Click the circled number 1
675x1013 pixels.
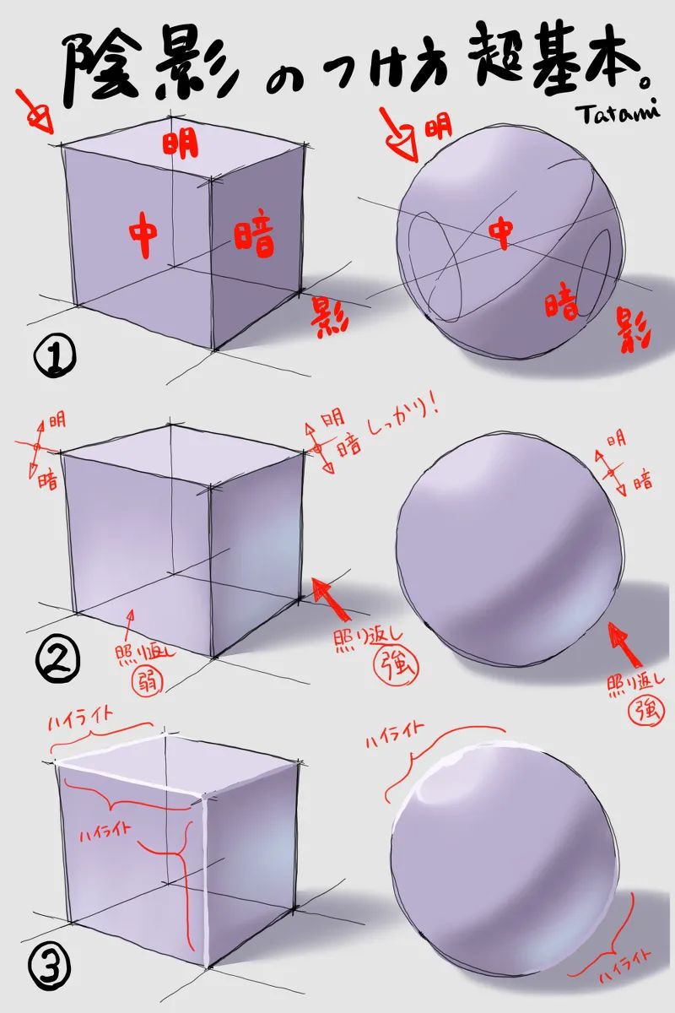[55, 356]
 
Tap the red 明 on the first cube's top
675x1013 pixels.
[181, 143]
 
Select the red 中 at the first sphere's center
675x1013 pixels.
[502, 235]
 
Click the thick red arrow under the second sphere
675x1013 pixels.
[626, 644]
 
